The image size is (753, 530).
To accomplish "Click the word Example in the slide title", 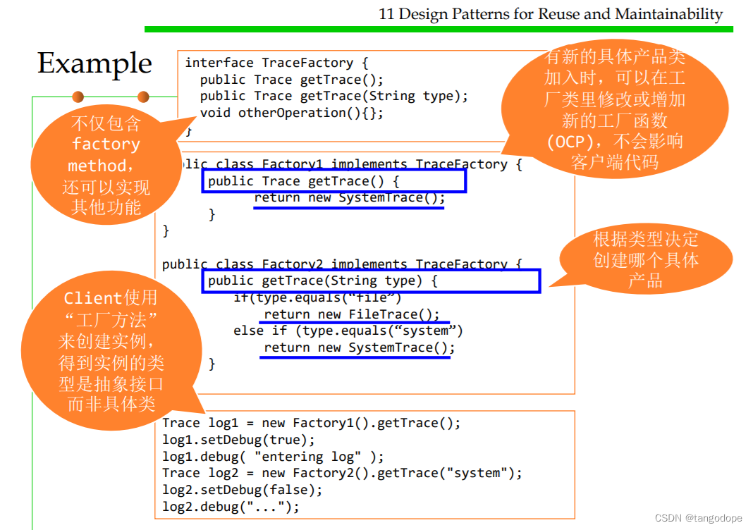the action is [94, 63].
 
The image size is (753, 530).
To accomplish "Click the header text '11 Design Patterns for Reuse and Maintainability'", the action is [551, 13].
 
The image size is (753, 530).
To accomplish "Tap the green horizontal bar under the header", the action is [438, 29].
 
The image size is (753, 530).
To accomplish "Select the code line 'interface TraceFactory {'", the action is [276, 63].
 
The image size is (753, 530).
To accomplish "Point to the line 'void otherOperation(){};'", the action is [292, 113].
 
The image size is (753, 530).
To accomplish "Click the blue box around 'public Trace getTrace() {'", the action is [333, 181].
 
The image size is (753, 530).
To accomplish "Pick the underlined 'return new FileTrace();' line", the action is [352, 314].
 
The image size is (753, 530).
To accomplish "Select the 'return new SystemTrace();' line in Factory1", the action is [350, 198].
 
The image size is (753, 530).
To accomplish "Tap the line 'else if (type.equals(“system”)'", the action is [348, 331].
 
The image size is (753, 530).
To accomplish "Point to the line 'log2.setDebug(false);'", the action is [242, 490].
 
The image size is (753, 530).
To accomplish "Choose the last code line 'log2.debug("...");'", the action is [231, 507].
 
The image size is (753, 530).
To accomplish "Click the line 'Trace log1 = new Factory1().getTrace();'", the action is [311, 423].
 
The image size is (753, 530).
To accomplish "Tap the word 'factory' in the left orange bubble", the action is [106, 145].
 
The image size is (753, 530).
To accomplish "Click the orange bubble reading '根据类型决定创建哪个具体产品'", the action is [645, 260].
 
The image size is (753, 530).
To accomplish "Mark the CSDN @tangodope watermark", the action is [698, 518].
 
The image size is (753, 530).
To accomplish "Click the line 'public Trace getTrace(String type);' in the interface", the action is [334, 96].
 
